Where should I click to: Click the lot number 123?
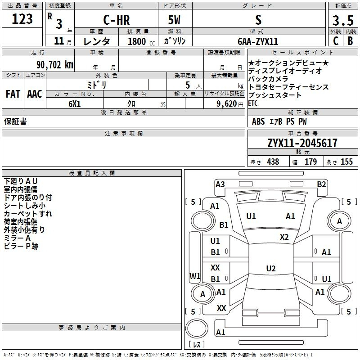coord(22,19)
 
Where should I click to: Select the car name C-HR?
coord(117,20)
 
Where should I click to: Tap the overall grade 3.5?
coord(343,20)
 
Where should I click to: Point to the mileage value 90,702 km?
coord(55,65)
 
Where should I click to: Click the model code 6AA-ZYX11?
coord(258,41)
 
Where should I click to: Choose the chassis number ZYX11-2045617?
coord(302,143)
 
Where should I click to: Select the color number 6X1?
coord(75,104)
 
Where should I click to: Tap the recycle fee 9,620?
coord(227,104)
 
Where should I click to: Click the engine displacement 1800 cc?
coord(141,41)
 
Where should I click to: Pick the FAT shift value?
coord(13,94)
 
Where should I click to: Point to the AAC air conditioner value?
coord(35,94)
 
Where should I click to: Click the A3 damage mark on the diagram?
coord(220,184)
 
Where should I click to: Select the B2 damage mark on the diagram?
coord(321,184)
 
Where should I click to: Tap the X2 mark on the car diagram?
coord(284,237)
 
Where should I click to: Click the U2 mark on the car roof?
coord(271,268)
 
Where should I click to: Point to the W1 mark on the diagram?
coord(195,276)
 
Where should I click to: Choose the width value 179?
coord(310,162)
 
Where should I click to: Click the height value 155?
coord(346,162)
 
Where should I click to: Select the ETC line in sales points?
coord(253,103)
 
